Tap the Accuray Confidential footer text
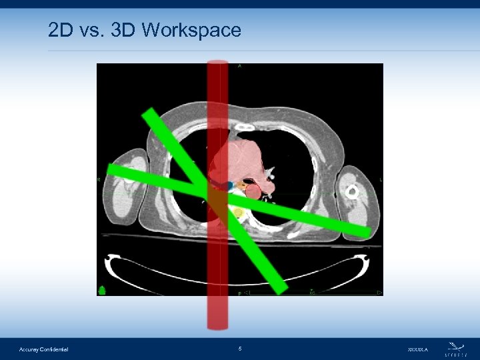pyautogui.click(x=44, y=349)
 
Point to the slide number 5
pyautogui.click(x=240, y=348)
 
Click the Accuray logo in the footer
pyautogui.click(x=457, y=347)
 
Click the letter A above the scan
pyautogui.click(x=239, y=66)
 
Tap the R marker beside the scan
pyautogui.click(x=99, y=179)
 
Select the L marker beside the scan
pyautogui.click(x=381, y=179)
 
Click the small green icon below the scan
pyautogui.click(x=103, y=290)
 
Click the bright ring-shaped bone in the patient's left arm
pyautogui.click(x=352, y=192)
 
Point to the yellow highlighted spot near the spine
pyautogui.click(x=238, y=213)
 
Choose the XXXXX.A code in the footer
pyautogui.click(x=418, y=349)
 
